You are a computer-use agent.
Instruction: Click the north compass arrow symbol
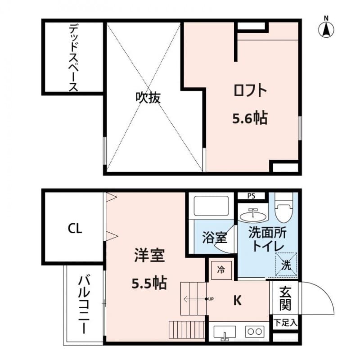326,28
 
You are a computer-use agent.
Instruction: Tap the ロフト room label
250,91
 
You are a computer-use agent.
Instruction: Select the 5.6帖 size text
250,118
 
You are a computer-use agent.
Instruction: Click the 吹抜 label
148,98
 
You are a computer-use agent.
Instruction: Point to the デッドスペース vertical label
73,58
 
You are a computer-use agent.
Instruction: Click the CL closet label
75,229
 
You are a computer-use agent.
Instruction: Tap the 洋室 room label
149,255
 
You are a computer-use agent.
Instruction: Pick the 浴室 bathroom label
215,238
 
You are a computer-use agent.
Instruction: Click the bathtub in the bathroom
211,206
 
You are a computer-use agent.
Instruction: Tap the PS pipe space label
252,196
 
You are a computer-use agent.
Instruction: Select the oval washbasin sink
253,216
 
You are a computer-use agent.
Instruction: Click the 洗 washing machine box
286,264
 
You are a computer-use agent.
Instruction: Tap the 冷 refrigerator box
221,270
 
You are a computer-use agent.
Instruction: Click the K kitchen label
238,300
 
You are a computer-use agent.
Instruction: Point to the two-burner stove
255,332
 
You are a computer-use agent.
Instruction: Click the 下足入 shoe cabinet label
286,323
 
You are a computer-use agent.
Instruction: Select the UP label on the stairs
211,299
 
